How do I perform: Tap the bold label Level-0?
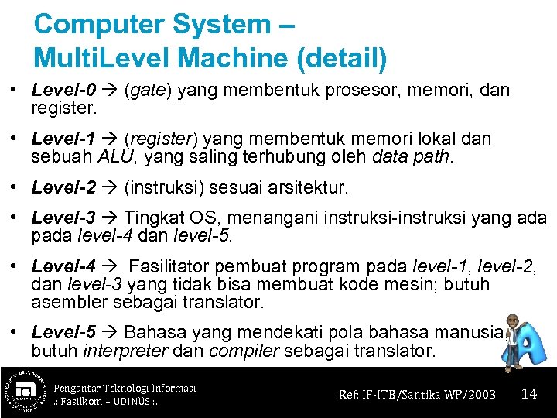[63, 91]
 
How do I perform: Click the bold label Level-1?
[63, 139]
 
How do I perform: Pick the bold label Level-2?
[63, 188]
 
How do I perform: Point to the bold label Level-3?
[63, 218]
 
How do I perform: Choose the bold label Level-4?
[63, 267]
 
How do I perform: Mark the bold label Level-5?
[63, 333]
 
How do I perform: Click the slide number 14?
[529, 394]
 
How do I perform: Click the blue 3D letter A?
[534, 350]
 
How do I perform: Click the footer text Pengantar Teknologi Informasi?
[125, 387]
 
